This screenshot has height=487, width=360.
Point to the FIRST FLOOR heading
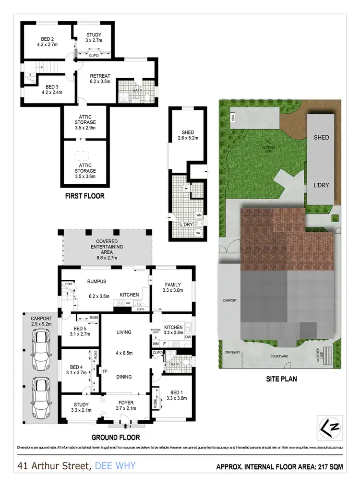(84, 196)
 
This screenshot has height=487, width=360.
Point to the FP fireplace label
(105, 370)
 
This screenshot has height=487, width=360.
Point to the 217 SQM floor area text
(326, 466)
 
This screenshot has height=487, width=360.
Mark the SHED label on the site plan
(321, 137)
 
